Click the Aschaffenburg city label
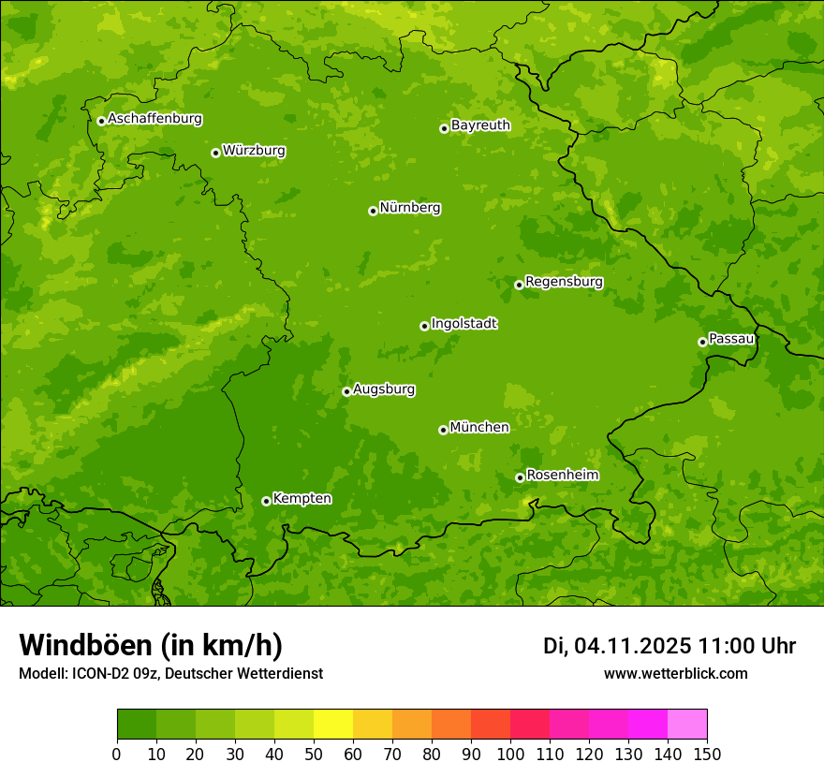(154, 119)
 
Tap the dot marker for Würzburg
(215, 153)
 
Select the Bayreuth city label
(480, 125)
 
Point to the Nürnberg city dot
(373, 211)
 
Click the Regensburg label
(564, 282)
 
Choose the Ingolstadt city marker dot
(424, 326)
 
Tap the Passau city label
(731, 339)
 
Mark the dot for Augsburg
(346, 391)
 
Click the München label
(479, 428)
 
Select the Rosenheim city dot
(520, 477)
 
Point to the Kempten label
(302, 499)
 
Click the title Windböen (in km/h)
(151, 645)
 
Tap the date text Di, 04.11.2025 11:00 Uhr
(669, 646)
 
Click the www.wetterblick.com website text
(676, 673)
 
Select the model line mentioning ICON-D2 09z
(170, 673)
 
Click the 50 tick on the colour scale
(314, 753)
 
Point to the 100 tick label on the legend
(510, 753)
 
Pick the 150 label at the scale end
(707, 753)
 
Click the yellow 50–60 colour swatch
(333, 725)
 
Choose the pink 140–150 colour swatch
(687, 725)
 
